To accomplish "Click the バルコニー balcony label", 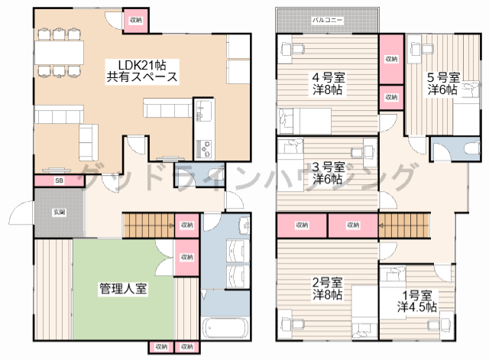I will pyautogui.click(x=327, y=18).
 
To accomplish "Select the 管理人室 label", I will pyautogui.click(x=123, y=289).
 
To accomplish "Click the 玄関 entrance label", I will pyautogui.click(x=59, y=212).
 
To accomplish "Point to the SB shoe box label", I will pyautogui.click(x=59, y=181).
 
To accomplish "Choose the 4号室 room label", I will pyautogui.click(x=326, y=77).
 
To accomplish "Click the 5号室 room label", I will pyautogui.click(x=443, y=77).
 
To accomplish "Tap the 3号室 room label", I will pyautogui.click(x=327, y=167).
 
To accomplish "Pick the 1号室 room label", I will pyautogui.click(x=417, y=295).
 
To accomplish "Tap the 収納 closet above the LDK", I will pyautogui.click(x=135, y=20).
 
